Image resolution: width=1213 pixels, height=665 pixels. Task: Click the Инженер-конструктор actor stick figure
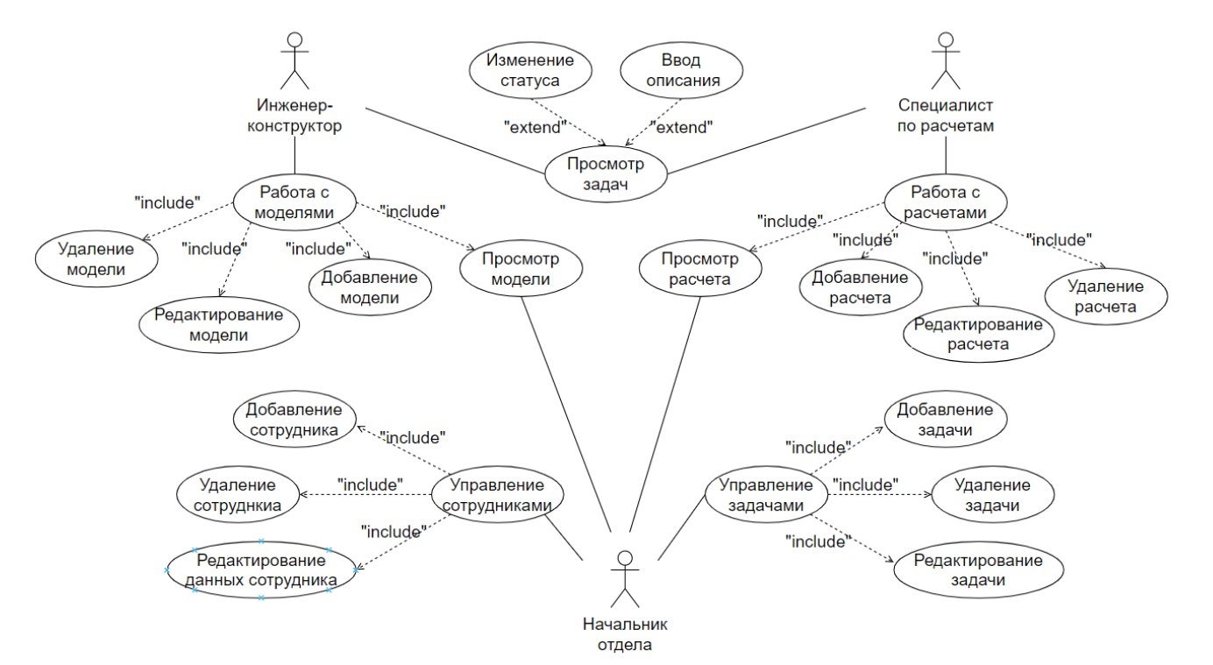(295, 60)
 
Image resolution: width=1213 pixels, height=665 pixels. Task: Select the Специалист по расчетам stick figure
(944, 60)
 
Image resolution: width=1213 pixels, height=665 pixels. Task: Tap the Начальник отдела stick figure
(624, 579)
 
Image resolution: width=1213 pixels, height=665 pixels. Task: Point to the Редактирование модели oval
(221, 325)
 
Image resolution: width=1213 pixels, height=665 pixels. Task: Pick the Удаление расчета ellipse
(1106, 296)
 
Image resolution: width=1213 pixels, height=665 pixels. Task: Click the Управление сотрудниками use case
(496, 495)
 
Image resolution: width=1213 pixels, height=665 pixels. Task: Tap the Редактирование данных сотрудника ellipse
(261, 570)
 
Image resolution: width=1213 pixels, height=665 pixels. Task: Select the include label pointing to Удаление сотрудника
(369, 483)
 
